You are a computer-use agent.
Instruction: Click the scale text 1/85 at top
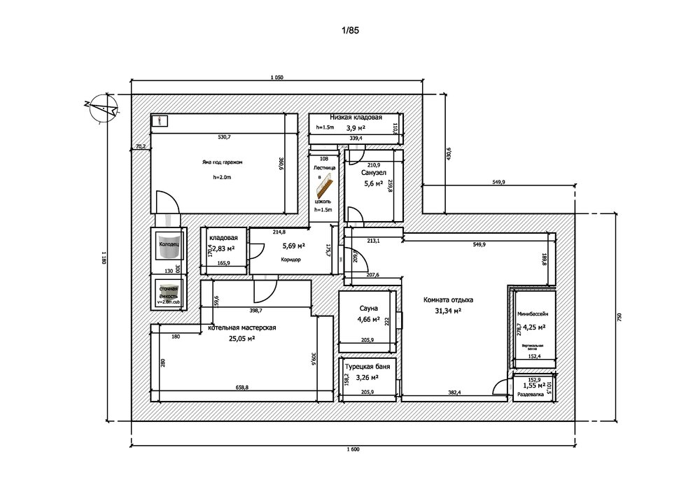350,30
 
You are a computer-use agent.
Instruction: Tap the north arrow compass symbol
101,107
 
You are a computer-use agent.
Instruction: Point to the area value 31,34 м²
448,311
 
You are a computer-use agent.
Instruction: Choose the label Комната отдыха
449,299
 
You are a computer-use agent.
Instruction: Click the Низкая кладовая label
356,118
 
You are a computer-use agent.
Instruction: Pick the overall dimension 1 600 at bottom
352,449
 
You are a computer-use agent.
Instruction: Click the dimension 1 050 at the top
276,78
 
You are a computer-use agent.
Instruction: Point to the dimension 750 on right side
619,316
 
